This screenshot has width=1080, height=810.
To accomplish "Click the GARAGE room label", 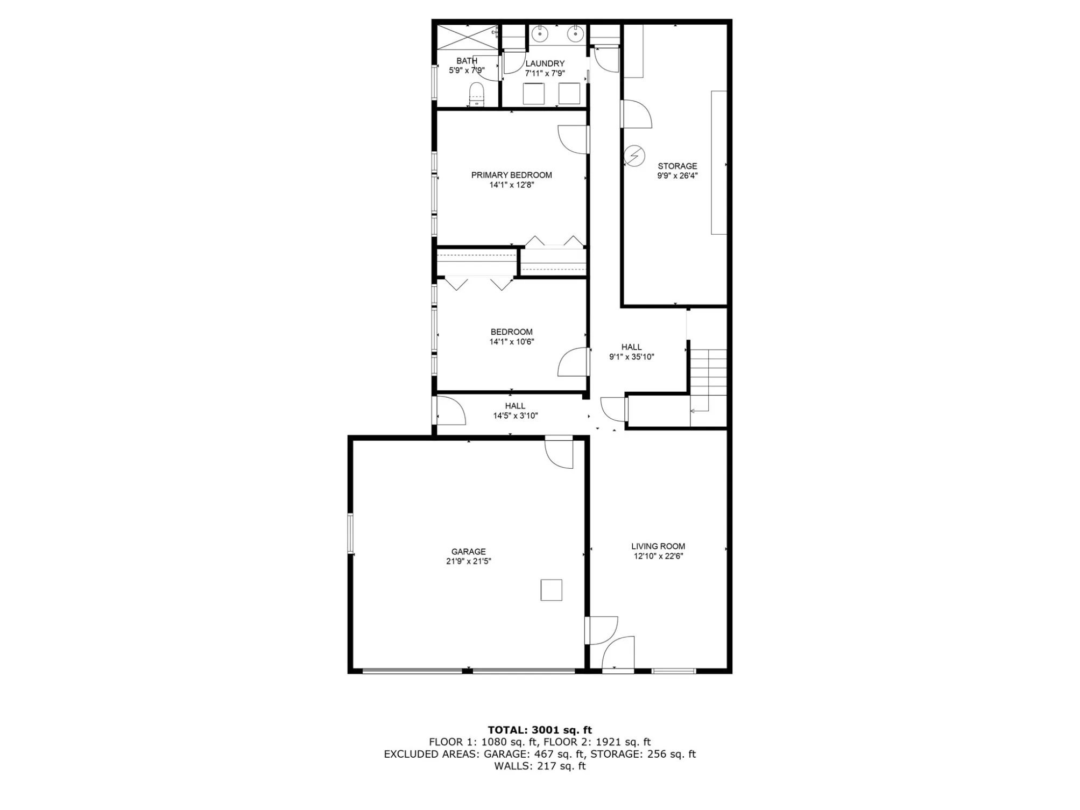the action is tap(468, 552).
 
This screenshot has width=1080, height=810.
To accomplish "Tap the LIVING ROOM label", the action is tap(658, 546).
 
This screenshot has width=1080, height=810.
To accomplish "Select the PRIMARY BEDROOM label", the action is tap(511, 175).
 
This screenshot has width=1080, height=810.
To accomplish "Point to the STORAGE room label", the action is tap(677, 166).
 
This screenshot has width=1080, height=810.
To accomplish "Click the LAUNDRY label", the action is tap(545, 64).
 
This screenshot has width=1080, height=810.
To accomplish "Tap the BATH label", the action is tap(467, 61).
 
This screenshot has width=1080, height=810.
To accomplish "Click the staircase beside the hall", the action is tap(708, 388).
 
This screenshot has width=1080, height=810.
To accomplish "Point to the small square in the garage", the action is tap(551, 590).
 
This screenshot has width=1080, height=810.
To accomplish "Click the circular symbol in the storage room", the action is tap(634, 156).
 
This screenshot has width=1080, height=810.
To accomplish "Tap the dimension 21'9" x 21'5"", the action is tap(468, 561).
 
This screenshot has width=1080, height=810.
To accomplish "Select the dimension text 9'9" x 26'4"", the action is tap(677, 176).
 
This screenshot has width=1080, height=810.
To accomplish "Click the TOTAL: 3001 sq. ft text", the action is tap(540, 730).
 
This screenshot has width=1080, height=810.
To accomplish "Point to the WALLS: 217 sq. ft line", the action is tap(540, 766).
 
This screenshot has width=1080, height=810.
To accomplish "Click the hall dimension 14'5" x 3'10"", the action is tap(515, 416).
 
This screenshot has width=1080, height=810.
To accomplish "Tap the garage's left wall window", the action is tap(350, 533).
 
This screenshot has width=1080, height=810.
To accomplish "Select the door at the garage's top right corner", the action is tap(559, 452).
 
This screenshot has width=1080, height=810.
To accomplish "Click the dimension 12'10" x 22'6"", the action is tap(658, 557).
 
